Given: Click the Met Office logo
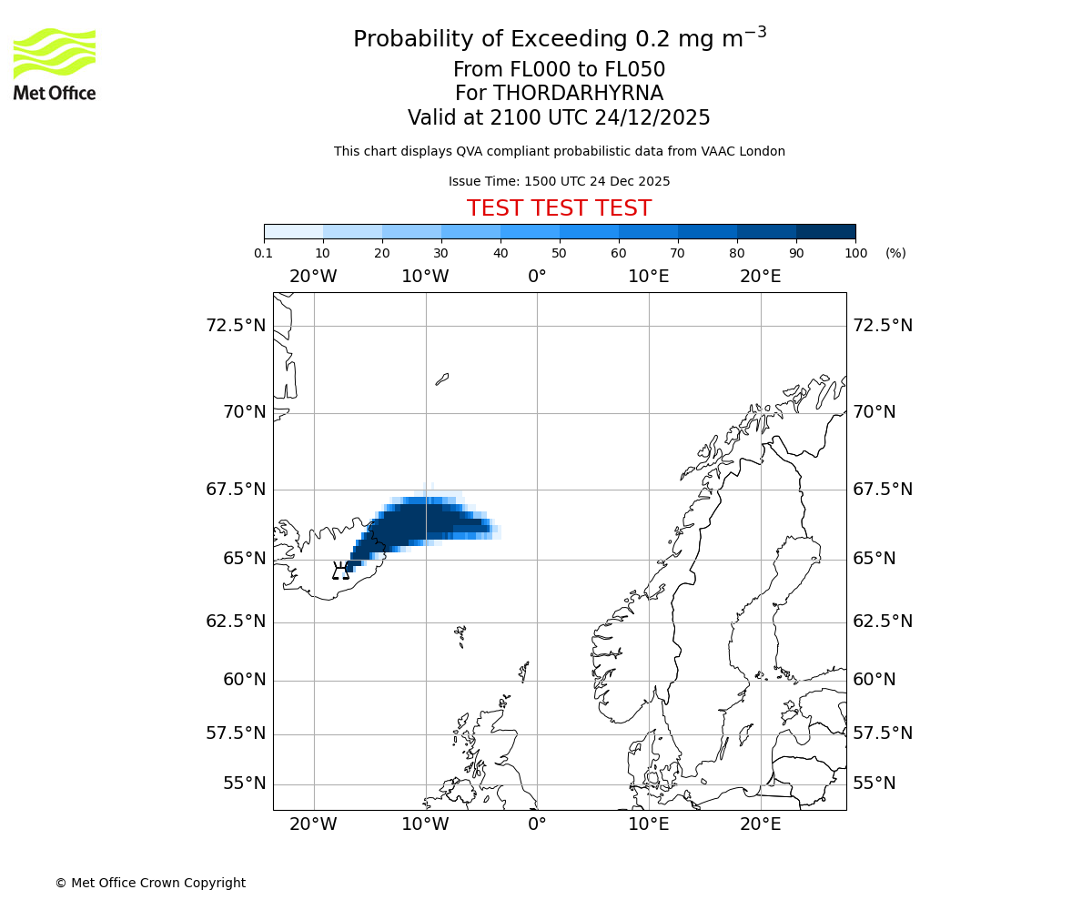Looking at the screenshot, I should [55, 64].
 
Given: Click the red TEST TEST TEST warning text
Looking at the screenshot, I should [559, 209].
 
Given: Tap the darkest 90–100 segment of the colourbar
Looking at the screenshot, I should [825, 231].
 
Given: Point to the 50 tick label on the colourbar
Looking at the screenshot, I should [560, 253].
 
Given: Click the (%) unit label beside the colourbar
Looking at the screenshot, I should [895, 253].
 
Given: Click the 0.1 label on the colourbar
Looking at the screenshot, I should [264, 253].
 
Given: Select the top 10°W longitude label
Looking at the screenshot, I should [425, 277].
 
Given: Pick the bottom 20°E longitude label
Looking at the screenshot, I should [760, 824].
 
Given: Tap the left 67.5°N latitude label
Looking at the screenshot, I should [236, 490].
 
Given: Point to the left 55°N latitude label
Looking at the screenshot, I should [244, 784].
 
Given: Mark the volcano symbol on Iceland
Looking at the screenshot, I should [341, 571].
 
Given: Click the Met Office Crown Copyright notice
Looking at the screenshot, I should [150, 883].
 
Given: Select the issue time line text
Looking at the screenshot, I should [559, 181].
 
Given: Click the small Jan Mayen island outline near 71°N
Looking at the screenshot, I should [442, 379].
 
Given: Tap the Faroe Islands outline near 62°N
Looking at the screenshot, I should [460, 634].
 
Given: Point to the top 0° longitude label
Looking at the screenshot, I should [537, 277].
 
